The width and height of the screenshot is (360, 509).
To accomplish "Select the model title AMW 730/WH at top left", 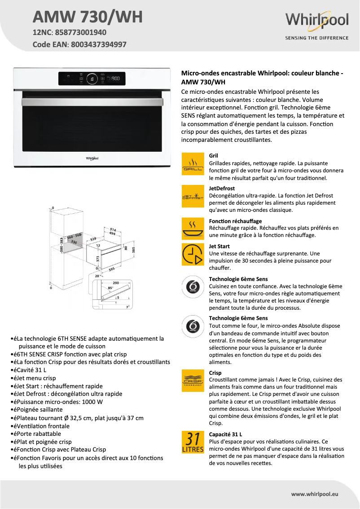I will tap(88, 17).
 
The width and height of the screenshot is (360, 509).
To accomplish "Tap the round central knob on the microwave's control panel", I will tap(92, 79).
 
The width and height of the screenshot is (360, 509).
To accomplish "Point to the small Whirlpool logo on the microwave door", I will tap(92, 158).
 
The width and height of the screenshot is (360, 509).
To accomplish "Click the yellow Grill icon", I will tap(193, 164).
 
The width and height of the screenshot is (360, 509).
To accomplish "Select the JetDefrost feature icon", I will tap(193, 196).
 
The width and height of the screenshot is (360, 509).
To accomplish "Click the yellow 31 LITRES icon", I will tap(193, 442).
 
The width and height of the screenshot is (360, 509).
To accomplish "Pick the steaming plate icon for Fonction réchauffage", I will tap(193, 228).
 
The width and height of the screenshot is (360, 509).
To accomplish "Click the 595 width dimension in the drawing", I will tap(112, 269).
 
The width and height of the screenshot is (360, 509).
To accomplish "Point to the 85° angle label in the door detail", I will tap(110, 288).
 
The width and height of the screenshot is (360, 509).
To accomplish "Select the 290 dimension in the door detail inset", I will tap(115, 283).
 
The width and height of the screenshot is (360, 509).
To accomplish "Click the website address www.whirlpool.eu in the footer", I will tap(315, 494).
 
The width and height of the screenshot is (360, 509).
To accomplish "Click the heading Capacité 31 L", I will tap(225, 434).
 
